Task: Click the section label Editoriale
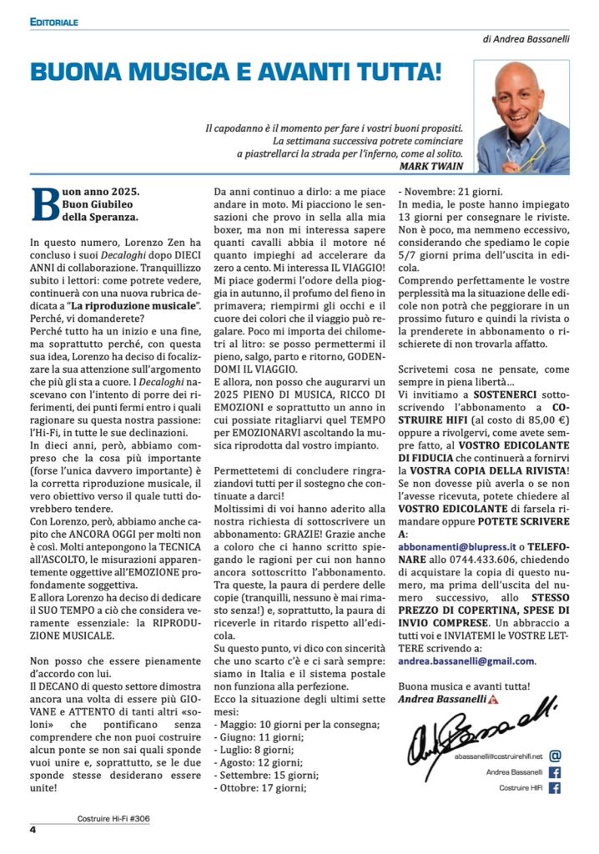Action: pyautogui.click(x=54, y=22)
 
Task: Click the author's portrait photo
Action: pyautogui.click(x=521, y=116)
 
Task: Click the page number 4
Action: pyautogui.click(x=33, y=830)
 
